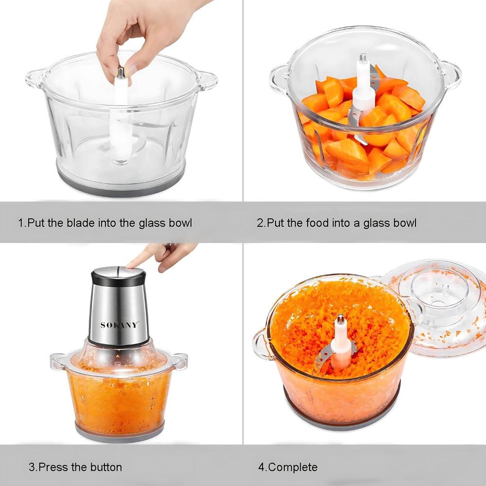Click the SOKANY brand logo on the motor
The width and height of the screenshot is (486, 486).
(x=119, y=325)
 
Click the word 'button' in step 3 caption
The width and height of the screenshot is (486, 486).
(x=106, y=467)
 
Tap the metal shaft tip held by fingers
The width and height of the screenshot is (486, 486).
(x=121, y=72)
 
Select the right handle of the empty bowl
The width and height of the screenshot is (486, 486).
(x=207, y=80)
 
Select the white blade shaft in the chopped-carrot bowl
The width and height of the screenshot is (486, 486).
(x=340, y=342)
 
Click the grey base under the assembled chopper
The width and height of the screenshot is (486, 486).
(x=120, y=432)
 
